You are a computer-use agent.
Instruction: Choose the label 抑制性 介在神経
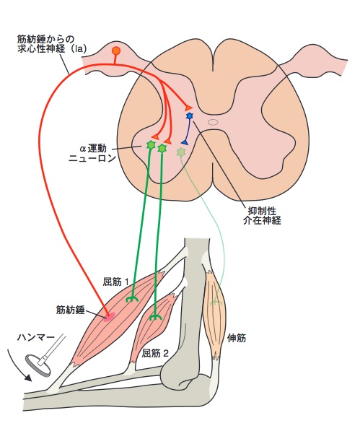click(263, 215)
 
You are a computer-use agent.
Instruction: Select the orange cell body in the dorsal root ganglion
click(116, 51)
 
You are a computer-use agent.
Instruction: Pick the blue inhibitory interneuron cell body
click(190, 116)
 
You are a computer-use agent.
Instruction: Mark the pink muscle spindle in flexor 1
click(109, 315)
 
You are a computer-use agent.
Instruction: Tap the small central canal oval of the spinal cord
click(213, 122)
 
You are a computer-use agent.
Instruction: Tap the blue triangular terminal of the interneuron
click(185, 142)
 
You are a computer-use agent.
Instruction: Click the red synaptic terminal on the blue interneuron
click(189, 107)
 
